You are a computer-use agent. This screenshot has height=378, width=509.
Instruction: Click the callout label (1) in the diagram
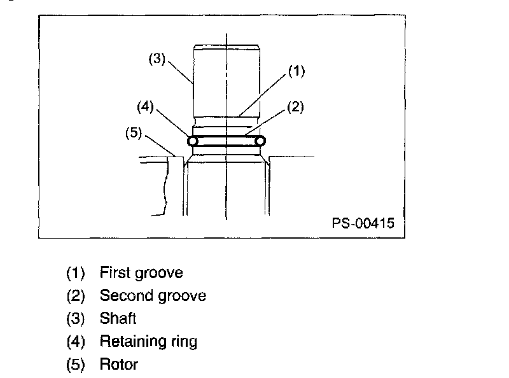296,71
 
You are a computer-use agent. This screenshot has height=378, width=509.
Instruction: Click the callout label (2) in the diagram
295,107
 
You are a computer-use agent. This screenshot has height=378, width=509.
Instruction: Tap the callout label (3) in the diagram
157,59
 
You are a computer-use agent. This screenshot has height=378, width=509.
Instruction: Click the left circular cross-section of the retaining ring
192,141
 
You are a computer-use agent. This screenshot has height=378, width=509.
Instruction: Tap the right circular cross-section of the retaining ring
260,141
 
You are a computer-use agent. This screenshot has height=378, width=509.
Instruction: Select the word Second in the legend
122,296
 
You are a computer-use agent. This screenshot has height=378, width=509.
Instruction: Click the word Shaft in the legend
118,318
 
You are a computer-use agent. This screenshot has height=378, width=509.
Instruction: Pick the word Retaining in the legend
130,342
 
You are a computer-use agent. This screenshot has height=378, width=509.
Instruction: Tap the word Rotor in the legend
118,365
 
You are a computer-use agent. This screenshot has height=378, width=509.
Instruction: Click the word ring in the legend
182,342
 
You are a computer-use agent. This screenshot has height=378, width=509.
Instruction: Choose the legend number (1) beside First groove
76,274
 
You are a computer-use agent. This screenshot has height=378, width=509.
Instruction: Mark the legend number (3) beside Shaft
76,319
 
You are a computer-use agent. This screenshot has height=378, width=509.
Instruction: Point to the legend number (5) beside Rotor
76,365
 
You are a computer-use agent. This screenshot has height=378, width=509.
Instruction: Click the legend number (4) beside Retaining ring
76,342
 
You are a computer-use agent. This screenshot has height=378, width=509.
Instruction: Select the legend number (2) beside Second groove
76,296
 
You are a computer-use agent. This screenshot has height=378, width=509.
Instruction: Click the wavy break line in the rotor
166,188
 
